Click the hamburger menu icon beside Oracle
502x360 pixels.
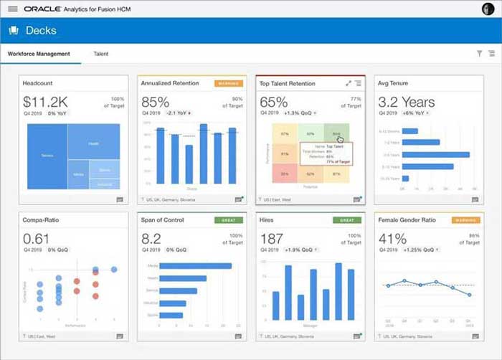12,9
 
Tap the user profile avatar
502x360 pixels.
488,9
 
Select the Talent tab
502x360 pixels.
101,54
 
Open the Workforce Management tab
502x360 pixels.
39,54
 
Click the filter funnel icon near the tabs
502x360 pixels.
480,54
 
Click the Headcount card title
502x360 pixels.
37,83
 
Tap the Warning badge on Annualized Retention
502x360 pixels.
229,83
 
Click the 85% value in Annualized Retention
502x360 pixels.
155,102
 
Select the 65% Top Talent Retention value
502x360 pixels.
273,102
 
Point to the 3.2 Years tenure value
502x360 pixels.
407,102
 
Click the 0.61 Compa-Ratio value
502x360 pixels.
36,239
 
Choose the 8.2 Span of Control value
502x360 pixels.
152,239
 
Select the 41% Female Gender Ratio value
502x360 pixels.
392,239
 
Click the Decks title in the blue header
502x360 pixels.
41,31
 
